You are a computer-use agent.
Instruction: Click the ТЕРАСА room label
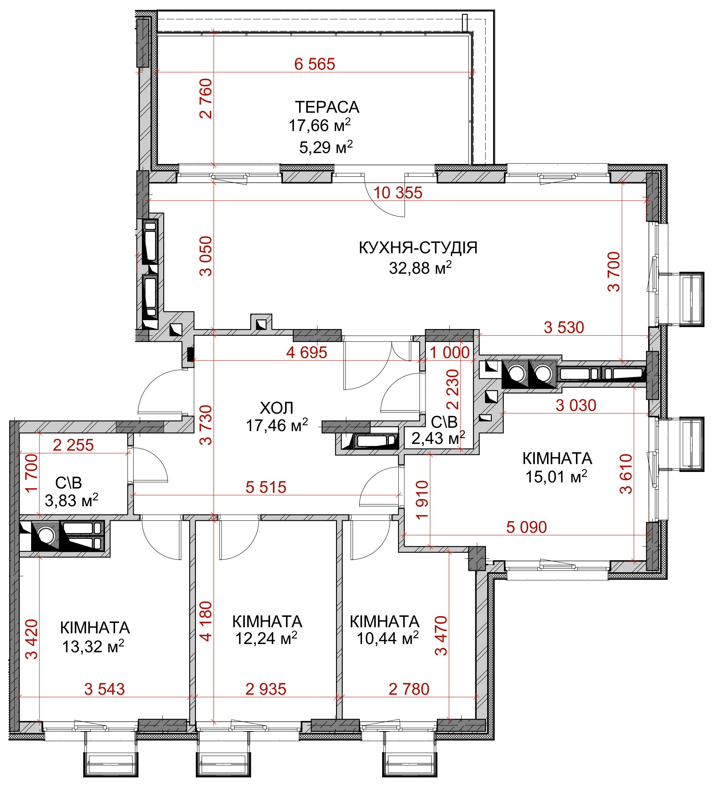327,107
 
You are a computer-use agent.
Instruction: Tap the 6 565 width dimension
315,64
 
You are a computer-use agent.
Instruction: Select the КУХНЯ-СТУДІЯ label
418,247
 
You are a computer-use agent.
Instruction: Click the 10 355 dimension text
398,193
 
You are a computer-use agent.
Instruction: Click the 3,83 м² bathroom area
72,500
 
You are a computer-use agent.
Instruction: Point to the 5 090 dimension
527,527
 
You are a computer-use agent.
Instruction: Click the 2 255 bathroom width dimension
73,445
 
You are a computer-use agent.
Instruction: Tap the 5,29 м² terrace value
326,147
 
